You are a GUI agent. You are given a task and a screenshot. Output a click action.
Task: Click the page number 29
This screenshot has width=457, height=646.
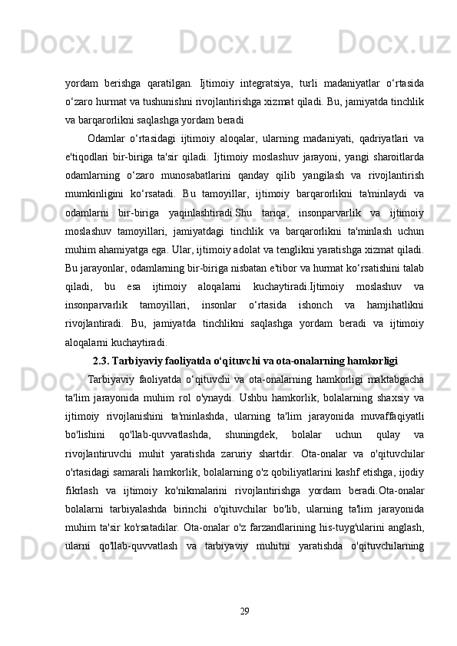(244, 610)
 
